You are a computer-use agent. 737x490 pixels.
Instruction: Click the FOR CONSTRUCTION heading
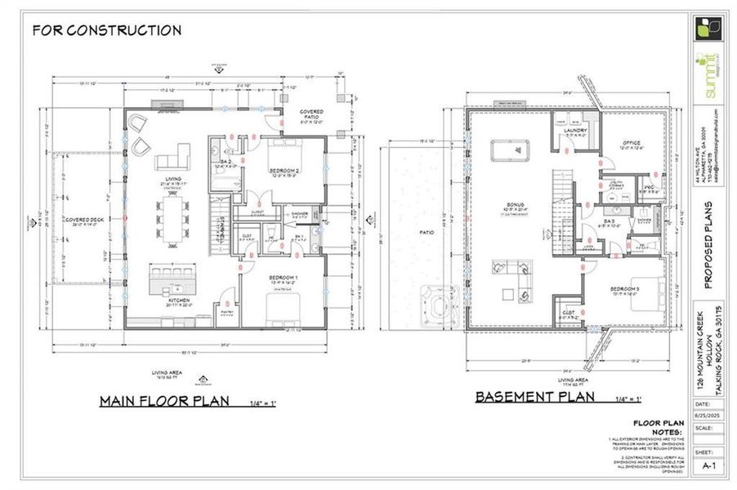pyautogui.click(x=106, y=31)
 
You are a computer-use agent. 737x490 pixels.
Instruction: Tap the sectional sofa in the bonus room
pyautogui.click(x=511, y=274)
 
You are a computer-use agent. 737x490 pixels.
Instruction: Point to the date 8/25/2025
pyautogui.click(x=708, y=415)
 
